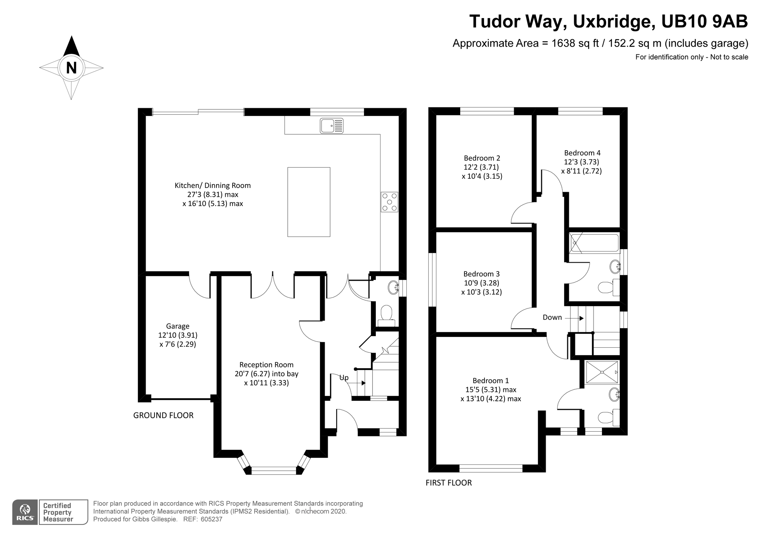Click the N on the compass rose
point(71,68)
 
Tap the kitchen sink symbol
point(331,126)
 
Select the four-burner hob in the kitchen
point(389,202)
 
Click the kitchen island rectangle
point(308,202)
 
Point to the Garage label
point(178,326)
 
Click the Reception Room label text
point(266,365)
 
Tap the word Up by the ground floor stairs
point(344,378)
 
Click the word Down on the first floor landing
point(552,317)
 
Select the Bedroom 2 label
point(482,158)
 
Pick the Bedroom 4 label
point(582,153)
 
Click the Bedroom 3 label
point(481,274)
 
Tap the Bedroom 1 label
point(491,380)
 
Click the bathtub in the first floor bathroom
point(594,243)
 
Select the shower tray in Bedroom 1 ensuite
point(602,372)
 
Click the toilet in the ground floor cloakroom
point(386,313)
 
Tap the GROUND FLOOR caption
point(163,415)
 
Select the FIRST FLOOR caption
point(448,483)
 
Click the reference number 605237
point(211,519)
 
